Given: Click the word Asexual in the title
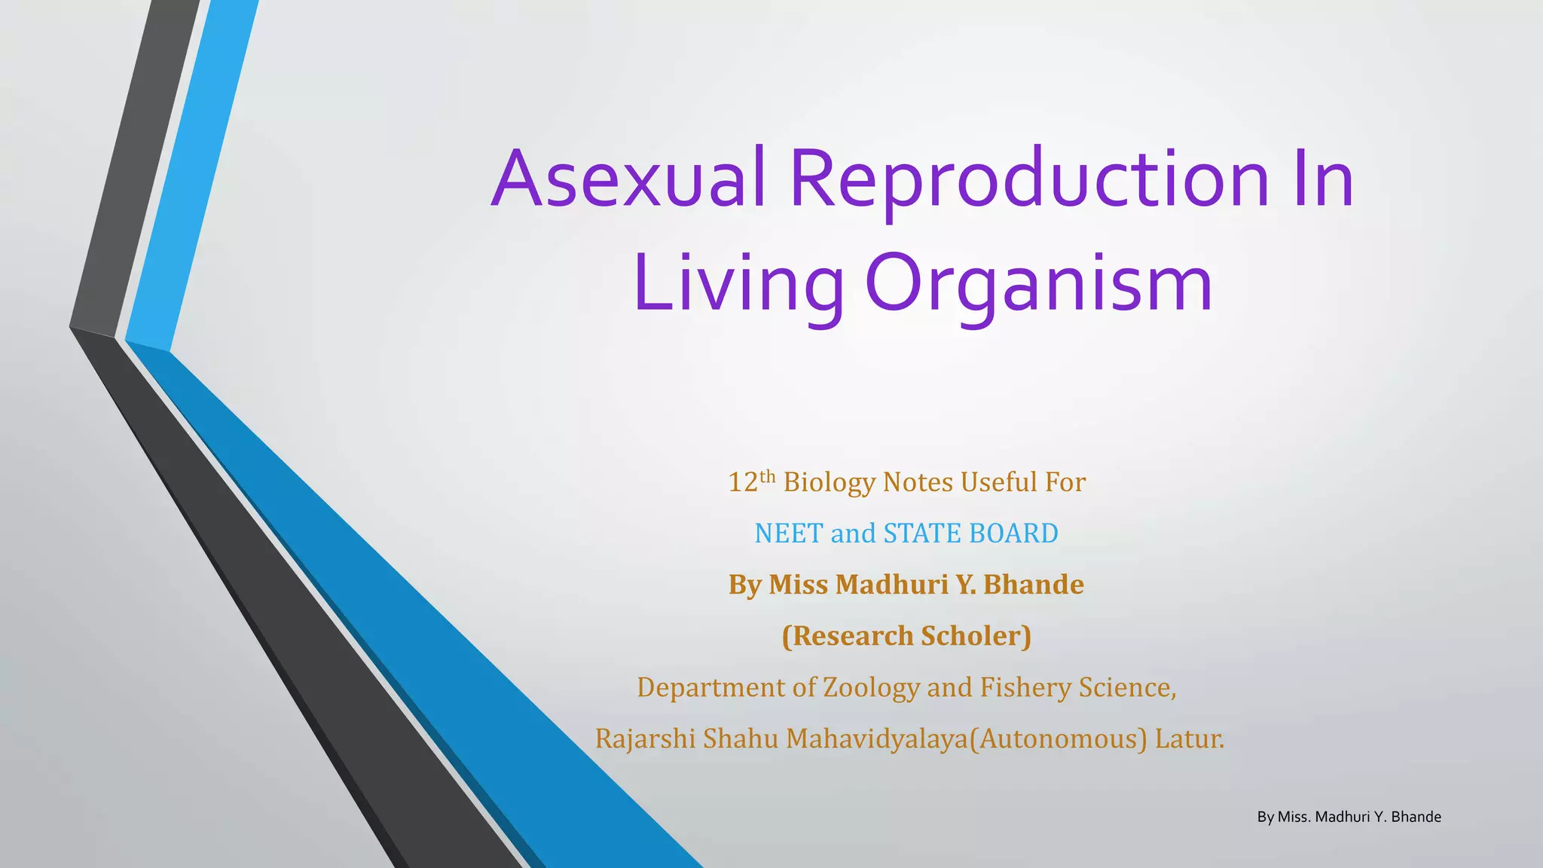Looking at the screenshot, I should click(x=629, y=179).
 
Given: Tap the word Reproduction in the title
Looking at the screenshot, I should click(x=1029, y=179).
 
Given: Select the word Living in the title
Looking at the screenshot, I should click(x=738, y=283).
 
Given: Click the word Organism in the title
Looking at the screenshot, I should click(x=1038, y=283).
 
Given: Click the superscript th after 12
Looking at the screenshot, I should click(x=767, y=475).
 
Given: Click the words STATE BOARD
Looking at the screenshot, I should click(x=970, y=533).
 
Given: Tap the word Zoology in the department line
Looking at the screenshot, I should click(x=871, y=687).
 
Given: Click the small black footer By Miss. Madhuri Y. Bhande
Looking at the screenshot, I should click(x=1349, y=817).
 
